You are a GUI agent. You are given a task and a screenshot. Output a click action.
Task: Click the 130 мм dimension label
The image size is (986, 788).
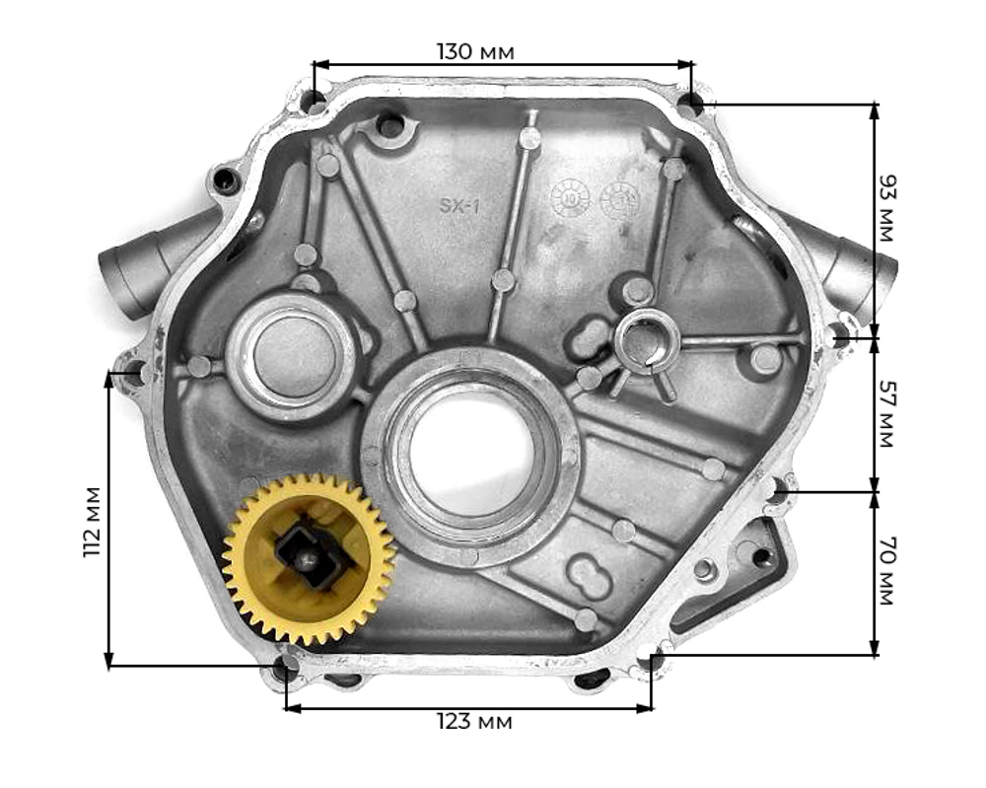pyautogui.click(x=475, y=50)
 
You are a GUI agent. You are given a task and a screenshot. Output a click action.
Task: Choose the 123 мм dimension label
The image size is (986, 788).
pyautogui.click(x=474, y=722)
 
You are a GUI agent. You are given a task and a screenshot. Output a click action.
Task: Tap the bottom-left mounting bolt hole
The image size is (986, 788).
pyautogui.click(x=285, y=670)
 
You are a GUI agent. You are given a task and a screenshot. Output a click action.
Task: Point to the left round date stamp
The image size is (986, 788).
pyautogui.click(x=571, y=197)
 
